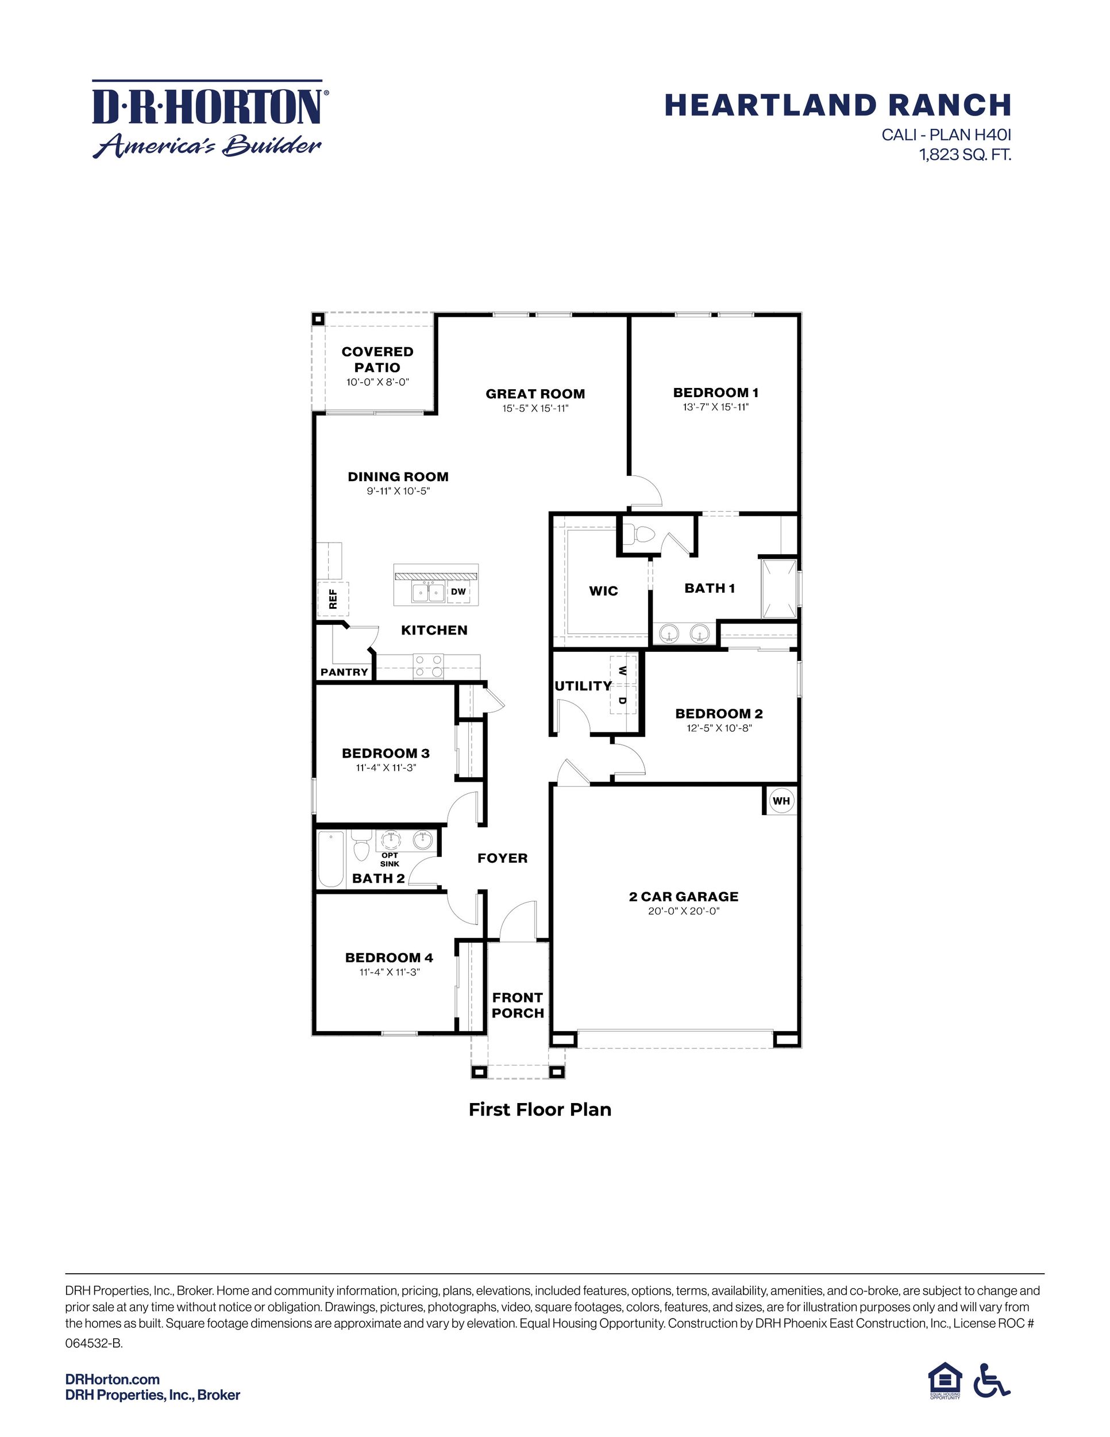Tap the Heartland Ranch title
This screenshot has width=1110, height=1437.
pos(837,105)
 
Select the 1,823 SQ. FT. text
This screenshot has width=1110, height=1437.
pos(964,155)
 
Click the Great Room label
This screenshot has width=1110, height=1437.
pos(535,394)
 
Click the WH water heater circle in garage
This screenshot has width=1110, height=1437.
pos(781,801)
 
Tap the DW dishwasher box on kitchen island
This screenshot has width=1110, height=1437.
pos(458,591)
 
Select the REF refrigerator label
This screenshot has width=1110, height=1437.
pos(333,598)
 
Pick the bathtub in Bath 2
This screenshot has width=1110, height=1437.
pos(330,859)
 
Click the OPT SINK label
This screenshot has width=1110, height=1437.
pos(390,859)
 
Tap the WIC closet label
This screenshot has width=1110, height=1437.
pos(603,591)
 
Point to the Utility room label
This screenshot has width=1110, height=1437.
pos(583,686)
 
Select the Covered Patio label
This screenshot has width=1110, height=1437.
pos(377,359)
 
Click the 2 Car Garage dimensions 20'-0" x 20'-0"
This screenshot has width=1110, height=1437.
pos(683,910)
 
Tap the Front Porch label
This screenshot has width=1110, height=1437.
pos(518,1005)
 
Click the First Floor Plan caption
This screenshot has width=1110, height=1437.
pos(540,1110)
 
